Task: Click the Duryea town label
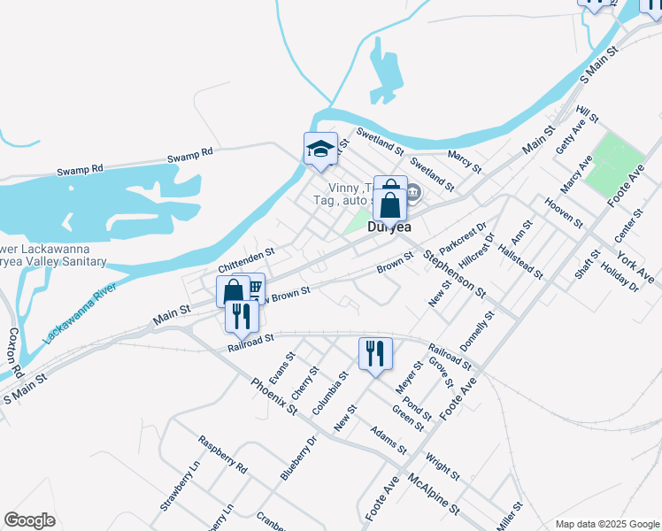click(x=390, y=227)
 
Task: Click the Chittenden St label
click(x=247, y=260)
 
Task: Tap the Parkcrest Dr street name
click(x=470, y=236)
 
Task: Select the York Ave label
click(x=635, y=267)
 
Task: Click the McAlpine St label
click(x=434, y=494)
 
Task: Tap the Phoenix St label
click(x=273, y=396)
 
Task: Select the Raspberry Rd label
click(x=222, y=454)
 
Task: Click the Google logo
click(x=29, y=520)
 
